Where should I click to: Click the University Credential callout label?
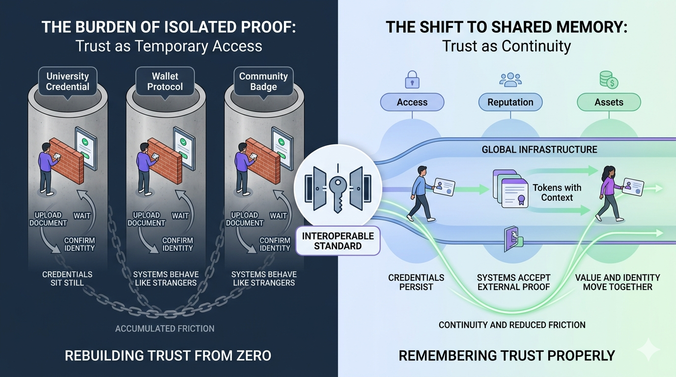(68, 81)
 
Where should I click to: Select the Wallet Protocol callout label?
(165, 81)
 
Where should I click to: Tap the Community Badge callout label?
(263, 81)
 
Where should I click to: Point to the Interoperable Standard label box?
(338, 241)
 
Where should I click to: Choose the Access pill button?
(412, 102)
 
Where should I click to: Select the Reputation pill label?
(510, 102)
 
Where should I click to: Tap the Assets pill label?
(609, 102)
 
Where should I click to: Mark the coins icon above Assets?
(608, 80)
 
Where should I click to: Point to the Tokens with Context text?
(557, 192)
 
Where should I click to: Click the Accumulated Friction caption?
(165, 328)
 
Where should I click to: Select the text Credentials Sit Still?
(67, 278)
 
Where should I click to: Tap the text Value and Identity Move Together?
(618, 282)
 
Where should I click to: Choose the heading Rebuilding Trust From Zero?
(168, 355)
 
